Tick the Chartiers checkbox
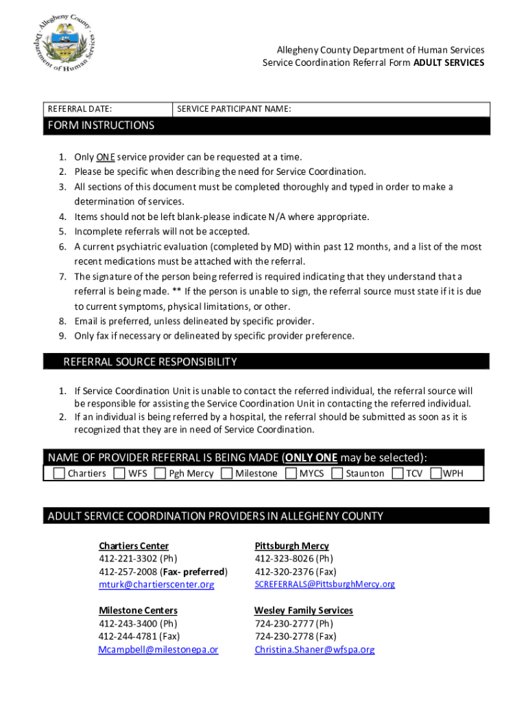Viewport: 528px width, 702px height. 59,473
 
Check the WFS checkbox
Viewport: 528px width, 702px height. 119,473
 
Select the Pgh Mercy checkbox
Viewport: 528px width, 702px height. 160,473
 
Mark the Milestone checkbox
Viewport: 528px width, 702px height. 226,473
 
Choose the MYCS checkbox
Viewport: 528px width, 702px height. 291,473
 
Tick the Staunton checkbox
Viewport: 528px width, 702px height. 337,473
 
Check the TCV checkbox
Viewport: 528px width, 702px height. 397,473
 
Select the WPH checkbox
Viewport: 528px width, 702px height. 435,473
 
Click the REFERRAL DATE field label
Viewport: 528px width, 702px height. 80,109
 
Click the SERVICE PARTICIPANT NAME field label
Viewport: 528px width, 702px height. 234,109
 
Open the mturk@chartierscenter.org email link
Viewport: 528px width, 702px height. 156,585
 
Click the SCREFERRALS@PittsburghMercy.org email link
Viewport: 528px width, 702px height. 324,584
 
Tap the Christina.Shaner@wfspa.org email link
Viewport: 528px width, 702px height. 314,649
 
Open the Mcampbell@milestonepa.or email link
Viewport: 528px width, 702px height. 158,649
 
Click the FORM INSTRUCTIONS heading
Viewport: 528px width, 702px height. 101,125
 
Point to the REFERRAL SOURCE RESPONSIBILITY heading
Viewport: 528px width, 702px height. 149,361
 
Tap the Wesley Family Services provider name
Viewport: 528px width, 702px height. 303,610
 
